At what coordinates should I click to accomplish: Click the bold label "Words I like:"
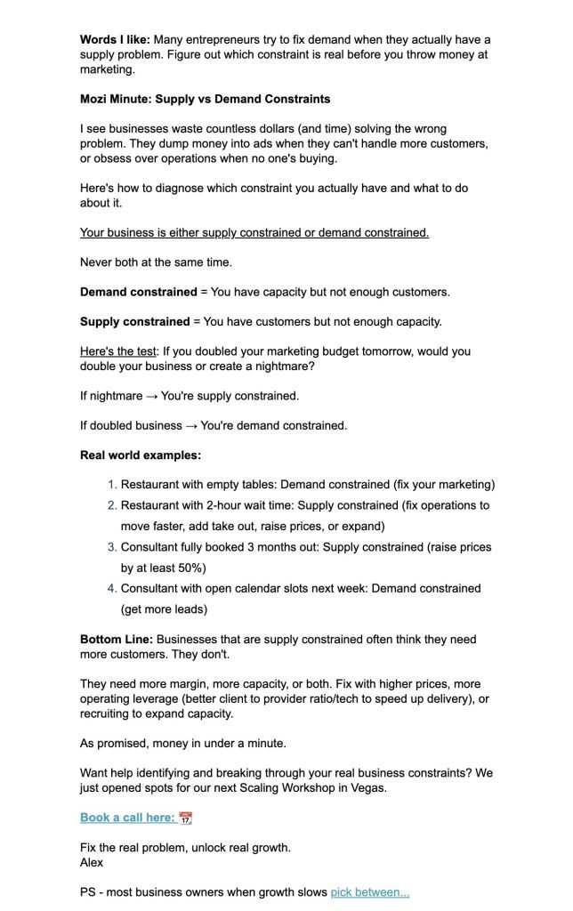tap(116, 40)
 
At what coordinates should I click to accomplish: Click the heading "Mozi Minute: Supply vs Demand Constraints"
tap(205, 99)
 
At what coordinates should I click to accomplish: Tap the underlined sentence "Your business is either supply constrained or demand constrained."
tap(254, 233)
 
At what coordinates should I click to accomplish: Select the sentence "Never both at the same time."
tap(157, 262)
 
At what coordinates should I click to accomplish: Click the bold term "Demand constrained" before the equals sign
tap(138, 292)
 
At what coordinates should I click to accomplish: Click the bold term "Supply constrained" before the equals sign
tap(134, 321)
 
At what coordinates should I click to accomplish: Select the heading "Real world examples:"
tap(140, 455)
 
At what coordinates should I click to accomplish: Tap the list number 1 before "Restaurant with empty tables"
tap(112, 485)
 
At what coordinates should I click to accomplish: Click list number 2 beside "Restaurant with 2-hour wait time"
tap(112, 505)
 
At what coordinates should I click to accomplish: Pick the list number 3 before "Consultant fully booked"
tap(112, 547)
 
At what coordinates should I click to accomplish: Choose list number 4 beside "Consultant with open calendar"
tap(112, 588)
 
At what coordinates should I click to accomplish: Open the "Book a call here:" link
tap(127, 818)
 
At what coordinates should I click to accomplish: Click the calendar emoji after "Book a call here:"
tap(185, 818)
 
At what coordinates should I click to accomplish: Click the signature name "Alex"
tap(92, 862)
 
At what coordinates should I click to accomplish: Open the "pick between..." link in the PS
tap(370, 892)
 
